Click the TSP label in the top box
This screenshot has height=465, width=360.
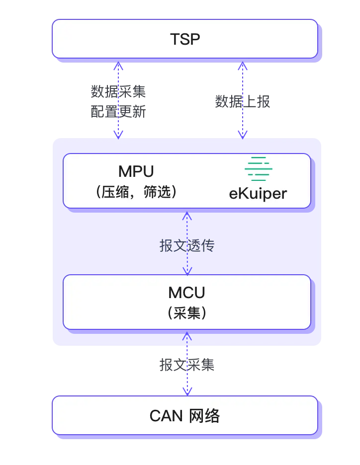185,39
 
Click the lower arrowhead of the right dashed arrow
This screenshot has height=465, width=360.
242,133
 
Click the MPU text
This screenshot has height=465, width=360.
136,171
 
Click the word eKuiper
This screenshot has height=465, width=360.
258,193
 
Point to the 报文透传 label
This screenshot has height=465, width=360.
187,245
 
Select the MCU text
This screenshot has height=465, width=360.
186,292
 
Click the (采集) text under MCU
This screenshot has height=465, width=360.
186,313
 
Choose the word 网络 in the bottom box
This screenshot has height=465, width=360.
204,416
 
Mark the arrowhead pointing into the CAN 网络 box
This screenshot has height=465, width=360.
187,391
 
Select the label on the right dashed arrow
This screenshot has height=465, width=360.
242,101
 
